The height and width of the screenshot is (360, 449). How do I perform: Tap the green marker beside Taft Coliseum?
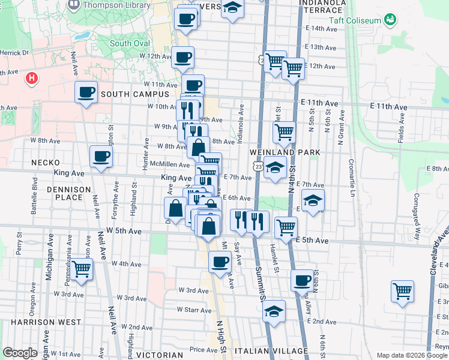click(391, 20)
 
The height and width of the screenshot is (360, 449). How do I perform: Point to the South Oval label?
click(129, 43)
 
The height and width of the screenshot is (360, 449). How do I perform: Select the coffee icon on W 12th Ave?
click(182, 58)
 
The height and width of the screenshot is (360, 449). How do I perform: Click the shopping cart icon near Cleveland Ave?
click(402, 292)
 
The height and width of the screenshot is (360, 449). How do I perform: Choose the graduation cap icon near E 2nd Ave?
click(274, 311)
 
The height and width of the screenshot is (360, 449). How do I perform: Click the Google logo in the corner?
click(20, 353)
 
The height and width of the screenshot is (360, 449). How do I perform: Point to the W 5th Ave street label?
click(124, 231)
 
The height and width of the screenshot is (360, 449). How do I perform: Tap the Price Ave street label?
click(203, 350)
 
